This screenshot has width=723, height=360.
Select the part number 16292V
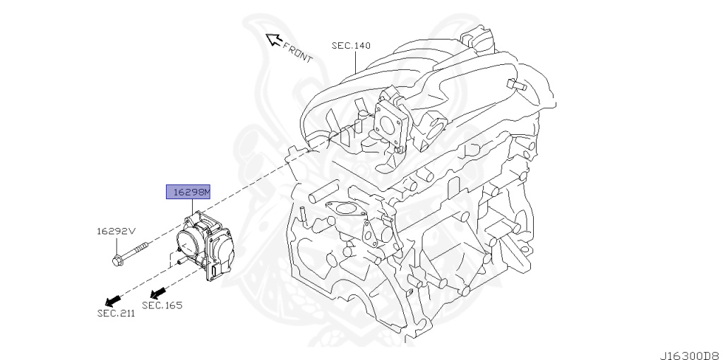(115, 231)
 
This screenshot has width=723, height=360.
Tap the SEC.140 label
(351, 46)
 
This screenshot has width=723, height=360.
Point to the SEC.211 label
(115, 313)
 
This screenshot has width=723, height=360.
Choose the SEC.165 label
(162, 305)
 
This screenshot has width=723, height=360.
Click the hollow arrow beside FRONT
(273, 40)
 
